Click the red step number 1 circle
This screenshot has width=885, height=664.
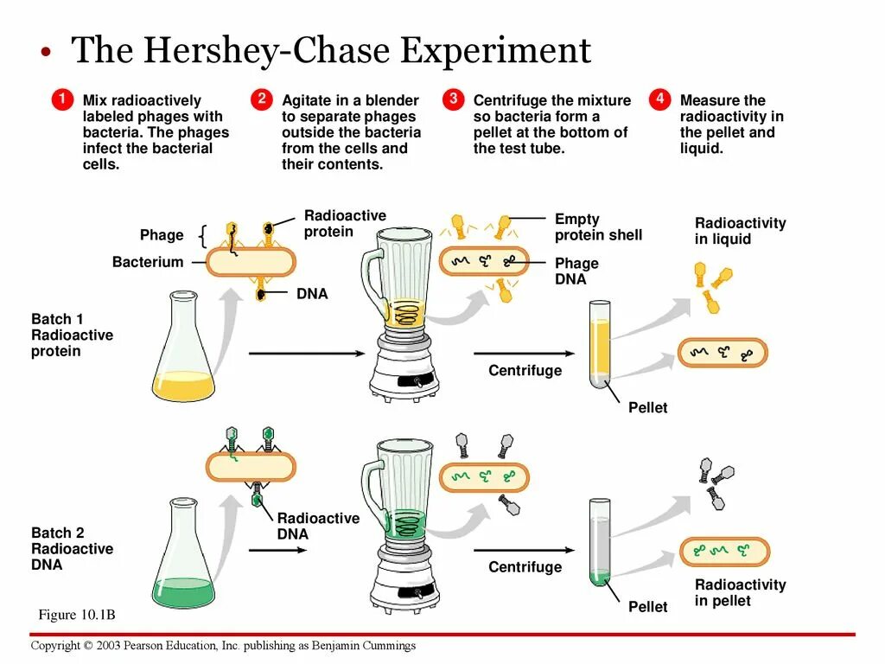60,99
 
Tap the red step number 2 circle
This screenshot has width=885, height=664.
261,99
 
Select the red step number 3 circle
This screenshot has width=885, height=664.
453,99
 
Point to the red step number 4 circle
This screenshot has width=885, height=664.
659,99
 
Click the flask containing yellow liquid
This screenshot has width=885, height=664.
183,350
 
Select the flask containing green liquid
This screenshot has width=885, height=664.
183,558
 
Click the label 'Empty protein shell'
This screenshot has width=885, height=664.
598,227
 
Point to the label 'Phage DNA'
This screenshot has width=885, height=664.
576,271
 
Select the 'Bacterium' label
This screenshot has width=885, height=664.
148,262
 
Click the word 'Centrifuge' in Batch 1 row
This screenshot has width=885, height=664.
525,371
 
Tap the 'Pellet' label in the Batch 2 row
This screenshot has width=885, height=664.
648,607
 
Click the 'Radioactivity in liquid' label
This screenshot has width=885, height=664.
740,231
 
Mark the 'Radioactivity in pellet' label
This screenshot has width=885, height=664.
740,592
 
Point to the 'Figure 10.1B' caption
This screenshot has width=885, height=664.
77,615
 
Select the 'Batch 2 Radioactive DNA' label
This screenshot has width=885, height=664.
72,549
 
